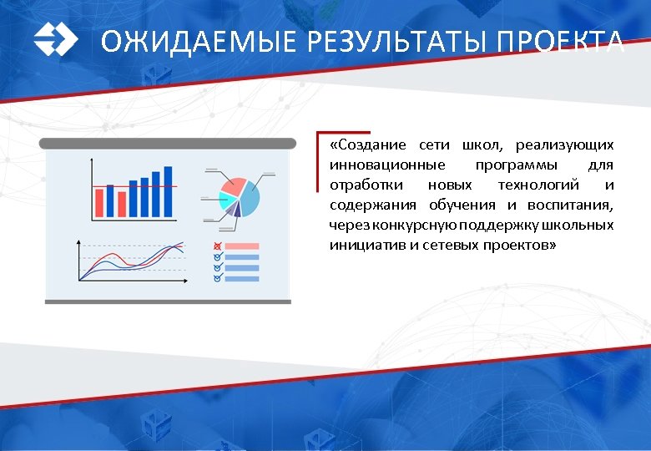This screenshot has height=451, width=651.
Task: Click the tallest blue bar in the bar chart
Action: point(168,191)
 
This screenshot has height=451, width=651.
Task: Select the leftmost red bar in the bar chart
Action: point(98,202)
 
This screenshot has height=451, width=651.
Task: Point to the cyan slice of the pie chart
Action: point(225,200)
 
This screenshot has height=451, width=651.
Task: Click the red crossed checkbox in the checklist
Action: point(218,246)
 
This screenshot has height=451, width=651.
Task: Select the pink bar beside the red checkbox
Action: point(243,246)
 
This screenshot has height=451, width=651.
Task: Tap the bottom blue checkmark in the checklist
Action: point(218,278)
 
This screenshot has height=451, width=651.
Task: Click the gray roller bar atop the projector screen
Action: point(168,144)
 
